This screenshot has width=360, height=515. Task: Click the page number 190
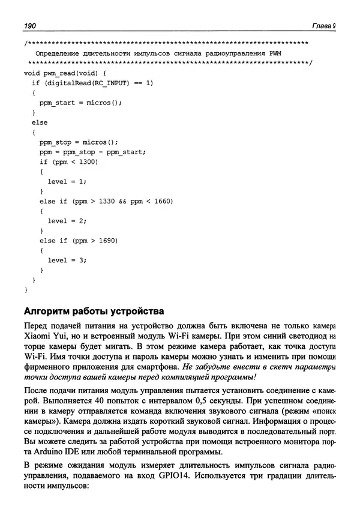coord(30,26)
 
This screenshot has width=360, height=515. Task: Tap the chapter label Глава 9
coord(324,26)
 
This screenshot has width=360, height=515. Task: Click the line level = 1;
coord(67,181)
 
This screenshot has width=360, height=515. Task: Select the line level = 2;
coord(67,220)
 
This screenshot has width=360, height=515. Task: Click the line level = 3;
coord(67,260)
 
